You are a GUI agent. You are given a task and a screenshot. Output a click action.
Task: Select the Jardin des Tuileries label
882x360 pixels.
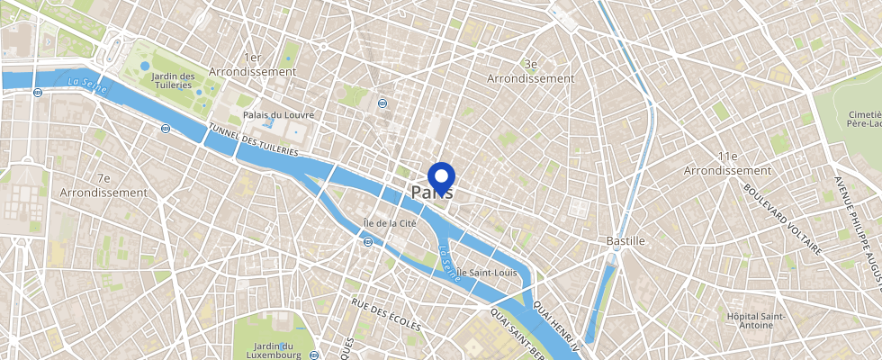[x=174, y=81]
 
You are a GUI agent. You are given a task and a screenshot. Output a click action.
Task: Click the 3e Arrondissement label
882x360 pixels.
[x=530, y=71]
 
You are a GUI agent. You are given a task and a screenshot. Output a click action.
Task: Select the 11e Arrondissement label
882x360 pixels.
[x=727, y=163]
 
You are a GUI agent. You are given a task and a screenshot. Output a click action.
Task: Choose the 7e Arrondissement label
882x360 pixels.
[x=103, y=185]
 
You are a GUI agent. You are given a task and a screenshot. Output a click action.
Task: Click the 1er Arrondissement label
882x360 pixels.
[x=252, y=63]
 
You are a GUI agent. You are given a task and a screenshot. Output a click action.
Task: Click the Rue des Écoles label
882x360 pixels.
[x=385, y=315]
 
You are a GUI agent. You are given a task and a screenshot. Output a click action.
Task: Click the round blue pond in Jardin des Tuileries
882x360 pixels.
[x=145, y=66]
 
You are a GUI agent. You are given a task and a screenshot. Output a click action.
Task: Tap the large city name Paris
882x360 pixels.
[x=432, y=193]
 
